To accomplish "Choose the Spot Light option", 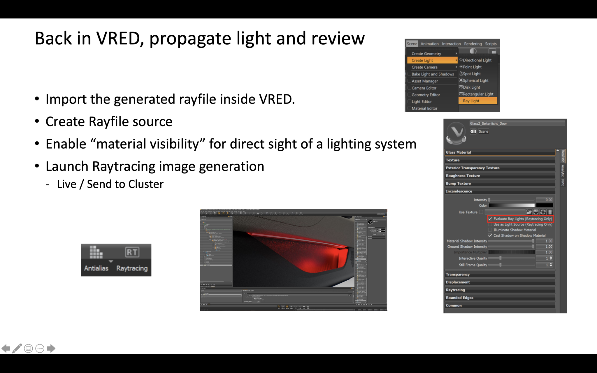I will [x=472, y=74].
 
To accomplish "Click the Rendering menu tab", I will [x=473, y=44].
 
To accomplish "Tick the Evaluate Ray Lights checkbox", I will [x=490, y=219].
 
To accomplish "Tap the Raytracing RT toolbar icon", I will [x=132, y=252].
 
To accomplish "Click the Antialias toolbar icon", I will [x=96, y=252].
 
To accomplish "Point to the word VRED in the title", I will [x=118, y=38].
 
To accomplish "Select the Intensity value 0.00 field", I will [x=545, y=200].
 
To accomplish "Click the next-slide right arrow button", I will [x=51, y=348].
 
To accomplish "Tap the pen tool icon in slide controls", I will [x=17, y=348].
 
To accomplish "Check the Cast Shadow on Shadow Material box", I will [x=490, y=235].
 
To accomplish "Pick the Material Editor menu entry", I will [x=424, y=108].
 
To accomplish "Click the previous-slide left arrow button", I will [x=6, y=348].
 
